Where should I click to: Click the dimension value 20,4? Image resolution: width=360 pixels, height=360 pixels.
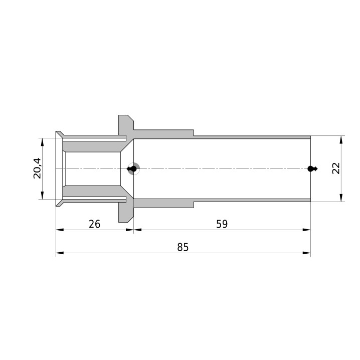(x=37, y=168)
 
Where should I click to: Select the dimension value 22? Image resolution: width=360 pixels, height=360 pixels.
(x=336, y=168)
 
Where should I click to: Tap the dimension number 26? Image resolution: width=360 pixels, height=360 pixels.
(x=95, y=224)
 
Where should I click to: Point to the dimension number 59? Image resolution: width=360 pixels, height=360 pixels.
(x=222, y=224)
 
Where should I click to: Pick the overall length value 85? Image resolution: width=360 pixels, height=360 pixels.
(x=183, y=247)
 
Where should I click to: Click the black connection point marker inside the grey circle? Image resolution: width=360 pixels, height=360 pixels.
(x=133, y=169)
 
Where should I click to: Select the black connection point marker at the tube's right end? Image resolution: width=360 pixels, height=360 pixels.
(x=312, y=169)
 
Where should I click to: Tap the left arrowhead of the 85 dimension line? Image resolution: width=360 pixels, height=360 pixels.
(x=60, y=253)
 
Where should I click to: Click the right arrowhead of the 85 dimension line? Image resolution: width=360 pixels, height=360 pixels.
(x=306, y=253)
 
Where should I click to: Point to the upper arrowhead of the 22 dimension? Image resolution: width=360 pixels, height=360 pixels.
(x=341, y=139)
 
